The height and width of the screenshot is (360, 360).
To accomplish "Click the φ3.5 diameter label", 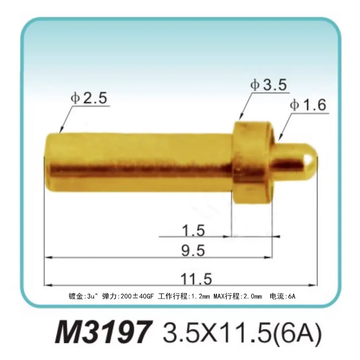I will pyautogui.click(x=269, y=85).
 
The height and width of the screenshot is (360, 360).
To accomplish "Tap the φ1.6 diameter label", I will pyautogui.click(x=308, y=105).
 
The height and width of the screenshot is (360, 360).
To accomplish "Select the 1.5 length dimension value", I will pyautogui.click(x=193, y=231).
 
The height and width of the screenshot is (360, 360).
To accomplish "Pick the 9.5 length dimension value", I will pyautogui.click(x=193, y=251).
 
